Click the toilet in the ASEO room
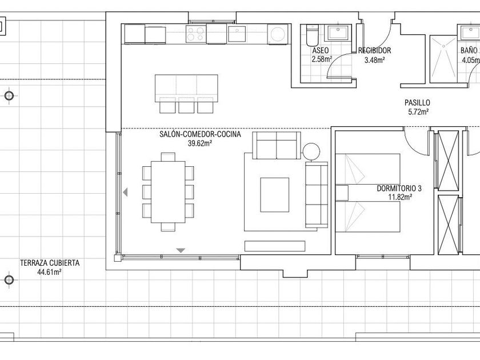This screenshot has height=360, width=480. [312, 35]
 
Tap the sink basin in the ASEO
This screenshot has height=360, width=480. [338, 33]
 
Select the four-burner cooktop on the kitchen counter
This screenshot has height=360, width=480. [196, 34]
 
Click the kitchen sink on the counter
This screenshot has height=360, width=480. [237, 34]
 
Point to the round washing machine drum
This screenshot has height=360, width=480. [278, 34]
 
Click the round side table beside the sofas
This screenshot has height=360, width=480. [311, 151]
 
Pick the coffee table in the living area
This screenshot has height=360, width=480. [275, 195]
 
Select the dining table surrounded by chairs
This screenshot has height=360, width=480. [168, 192]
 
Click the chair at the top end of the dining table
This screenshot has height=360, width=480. [168, 157]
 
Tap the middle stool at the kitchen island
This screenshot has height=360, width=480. [186, 105]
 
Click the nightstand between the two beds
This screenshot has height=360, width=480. [342, 193]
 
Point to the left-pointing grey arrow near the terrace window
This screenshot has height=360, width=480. [125, 192]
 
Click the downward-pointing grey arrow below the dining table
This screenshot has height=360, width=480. [181, 250]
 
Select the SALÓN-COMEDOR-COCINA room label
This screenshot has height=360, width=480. [200, 134]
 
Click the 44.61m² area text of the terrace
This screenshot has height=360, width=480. [50, 271]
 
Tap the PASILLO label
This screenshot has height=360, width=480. [417, 102]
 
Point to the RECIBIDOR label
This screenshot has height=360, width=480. [375, 50]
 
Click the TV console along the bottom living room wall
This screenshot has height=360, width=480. [275, 246]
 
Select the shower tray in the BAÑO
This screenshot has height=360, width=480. [443, 59]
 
